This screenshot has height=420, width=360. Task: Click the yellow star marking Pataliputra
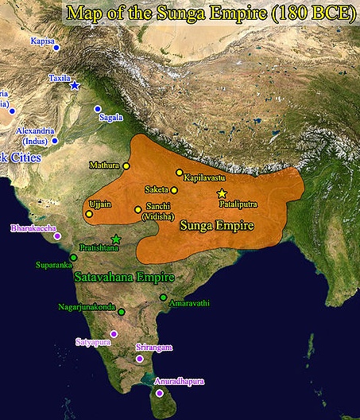[222, 193]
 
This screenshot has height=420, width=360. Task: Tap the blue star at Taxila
[75, 85]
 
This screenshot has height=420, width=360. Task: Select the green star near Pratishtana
[116, 239]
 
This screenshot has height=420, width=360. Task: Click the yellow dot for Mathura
[126, 165]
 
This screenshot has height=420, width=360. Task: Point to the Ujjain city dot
[88, 213]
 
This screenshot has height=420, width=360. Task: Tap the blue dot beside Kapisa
[56, 48]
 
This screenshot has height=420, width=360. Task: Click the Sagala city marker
[98, 109]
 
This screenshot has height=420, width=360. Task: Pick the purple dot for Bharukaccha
[56, 235]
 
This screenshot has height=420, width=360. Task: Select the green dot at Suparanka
[73, 257]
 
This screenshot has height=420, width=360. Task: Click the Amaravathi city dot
[163, 297]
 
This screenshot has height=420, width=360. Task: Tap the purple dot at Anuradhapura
[160, 393]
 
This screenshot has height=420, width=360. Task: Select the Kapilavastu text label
[205, 179]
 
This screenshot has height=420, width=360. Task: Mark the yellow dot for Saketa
[174, 190]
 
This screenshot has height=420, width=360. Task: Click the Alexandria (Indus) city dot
[54, 141]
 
